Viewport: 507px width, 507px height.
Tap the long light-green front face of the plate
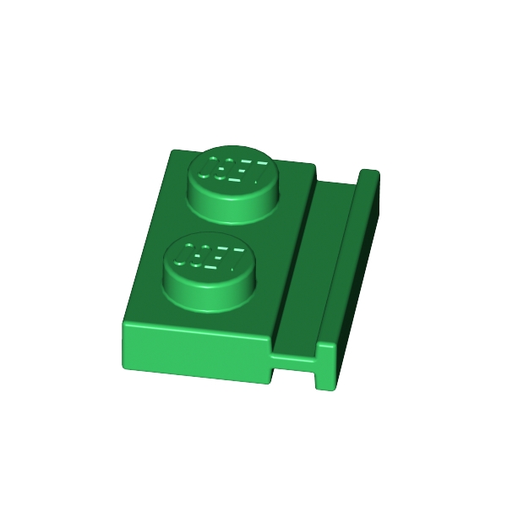pos(194,351)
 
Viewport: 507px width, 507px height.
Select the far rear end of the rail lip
pos(369,175)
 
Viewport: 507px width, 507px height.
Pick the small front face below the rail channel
pos(293,363)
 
